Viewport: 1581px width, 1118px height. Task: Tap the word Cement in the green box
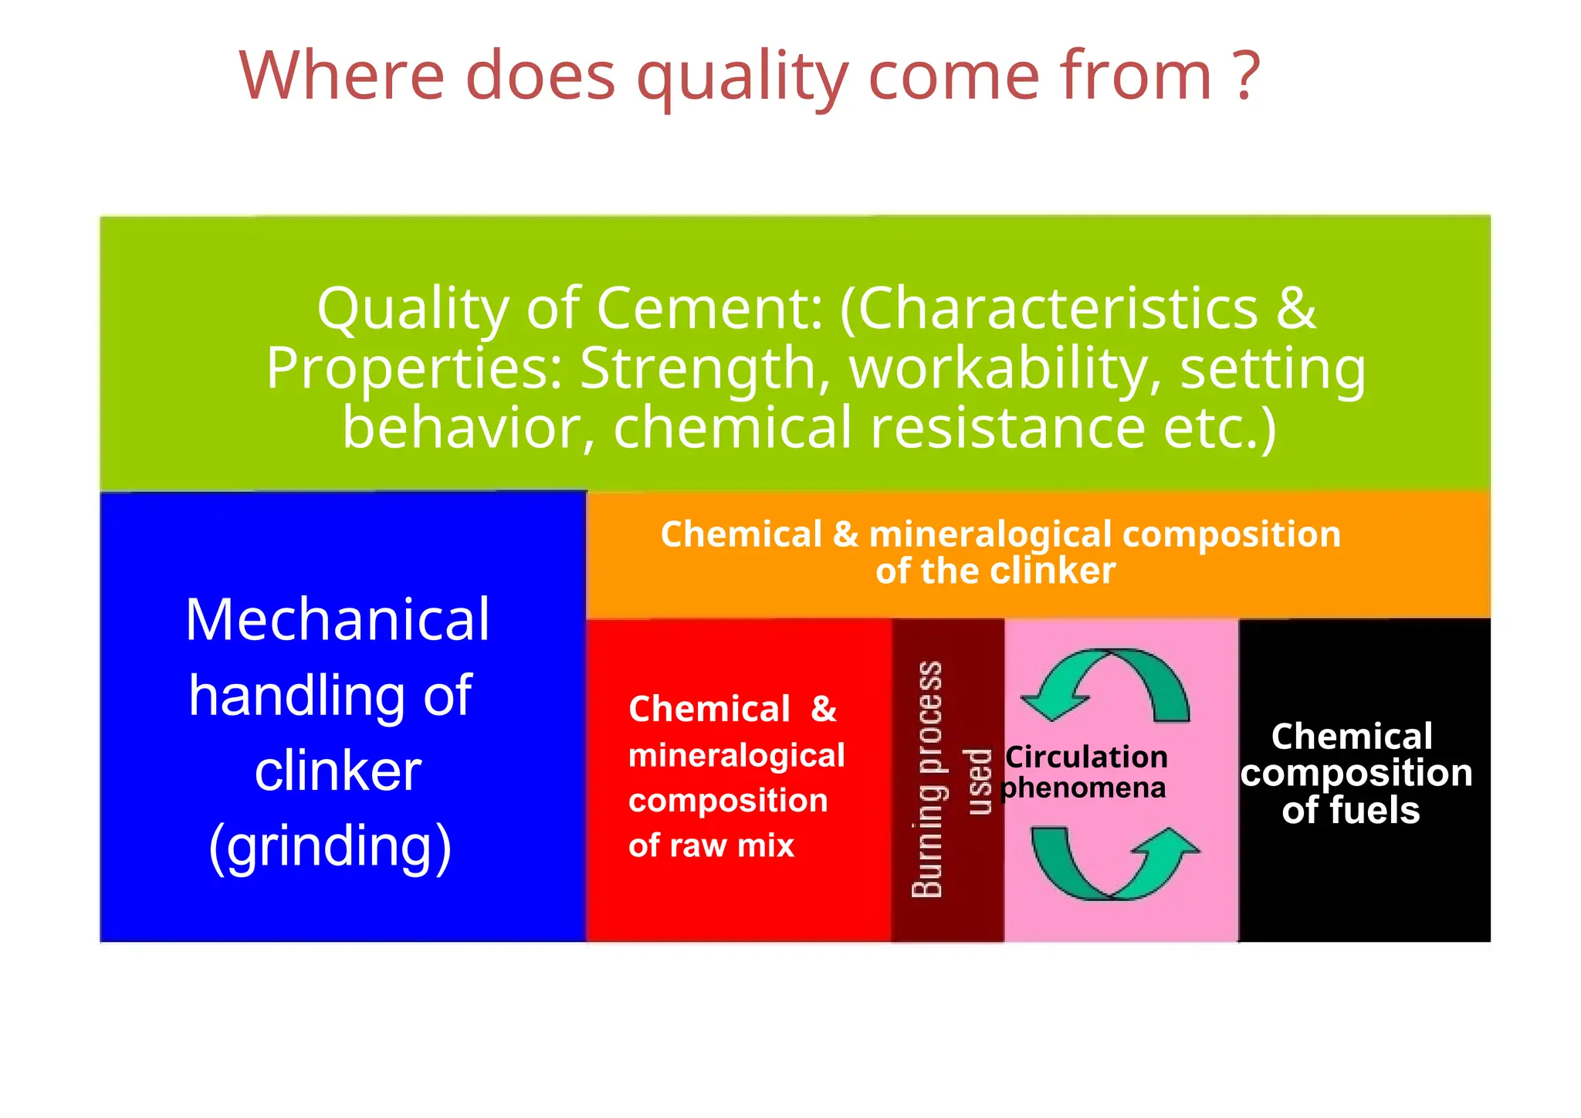click(709, 308)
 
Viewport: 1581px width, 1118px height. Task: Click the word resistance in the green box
click(1007, 428)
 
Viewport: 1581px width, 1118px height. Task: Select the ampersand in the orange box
click(846, 534)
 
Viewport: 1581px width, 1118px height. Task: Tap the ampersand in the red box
click(824, 709)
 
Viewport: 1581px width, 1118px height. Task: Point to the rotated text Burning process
click(927, 779)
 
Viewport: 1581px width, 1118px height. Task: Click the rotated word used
click(979, 781)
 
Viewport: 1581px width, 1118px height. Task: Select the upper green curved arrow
click(1107, 683)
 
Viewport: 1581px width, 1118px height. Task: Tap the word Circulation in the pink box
click(1087, 757)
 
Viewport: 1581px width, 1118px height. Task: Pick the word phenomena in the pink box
click(1084, 788)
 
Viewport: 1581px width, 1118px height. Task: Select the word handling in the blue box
click(296, 695)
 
